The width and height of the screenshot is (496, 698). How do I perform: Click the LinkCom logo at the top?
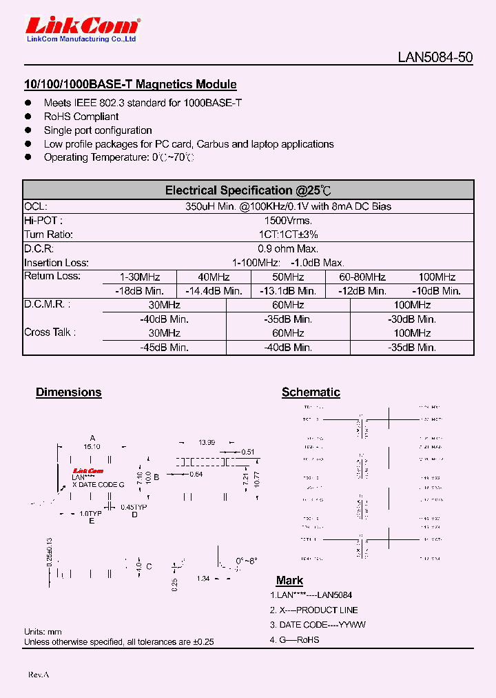coord(82,27)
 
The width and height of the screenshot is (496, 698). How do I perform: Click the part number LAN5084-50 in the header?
coord(435,58)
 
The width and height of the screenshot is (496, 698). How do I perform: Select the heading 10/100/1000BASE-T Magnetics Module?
coord(130,85)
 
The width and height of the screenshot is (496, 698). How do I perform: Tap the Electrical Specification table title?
coord(248,190)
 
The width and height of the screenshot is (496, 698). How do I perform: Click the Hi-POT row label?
coord(43,221)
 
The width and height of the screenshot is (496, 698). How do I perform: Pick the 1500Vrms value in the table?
coord(288,221)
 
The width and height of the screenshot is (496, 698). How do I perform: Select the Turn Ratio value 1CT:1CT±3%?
coord(288,235)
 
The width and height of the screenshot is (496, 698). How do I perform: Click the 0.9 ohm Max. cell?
coord(288,248)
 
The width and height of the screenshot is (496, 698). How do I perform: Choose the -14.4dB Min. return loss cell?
coord(214,291)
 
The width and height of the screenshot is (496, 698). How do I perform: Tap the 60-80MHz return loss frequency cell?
coord(362,277)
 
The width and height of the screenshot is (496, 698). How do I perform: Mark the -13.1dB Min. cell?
coord(289,291)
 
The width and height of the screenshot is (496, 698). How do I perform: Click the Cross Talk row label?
coord(50,332)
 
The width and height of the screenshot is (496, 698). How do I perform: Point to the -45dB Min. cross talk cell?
coord(164,348)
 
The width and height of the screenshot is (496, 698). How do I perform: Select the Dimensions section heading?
coord(68,392)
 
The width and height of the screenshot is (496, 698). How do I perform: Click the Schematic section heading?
coord(311,392)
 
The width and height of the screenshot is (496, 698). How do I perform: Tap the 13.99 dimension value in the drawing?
coord(207,442)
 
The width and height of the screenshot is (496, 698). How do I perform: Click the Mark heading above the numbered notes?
coord(289,581)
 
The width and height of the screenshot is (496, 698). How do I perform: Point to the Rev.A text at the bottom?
coord(39,674)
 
